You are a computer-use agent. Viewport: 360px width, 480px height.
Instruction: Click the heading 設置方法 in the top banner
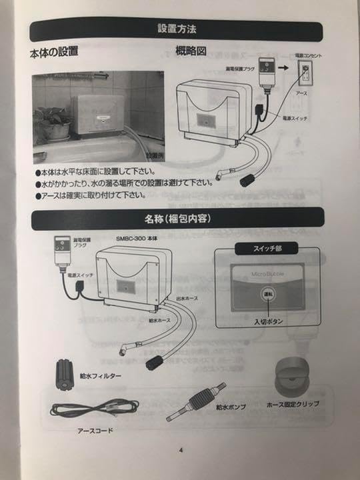pos(177,29)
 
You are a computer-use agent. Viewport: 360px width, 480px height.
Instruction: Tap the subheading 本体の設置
pos(55,52)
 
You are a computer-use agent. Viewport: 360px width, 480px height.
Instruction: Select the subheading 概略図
pos(191,52)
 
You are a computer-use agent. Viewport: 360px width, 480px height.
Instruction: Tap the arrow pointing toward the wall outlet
pos(283,68)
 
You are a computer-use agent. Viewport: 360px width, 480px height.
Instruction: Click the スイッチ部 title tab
pos(269,248)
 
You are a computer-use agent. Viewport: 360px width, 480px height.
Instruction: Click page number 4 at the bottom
pos(180,449)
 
